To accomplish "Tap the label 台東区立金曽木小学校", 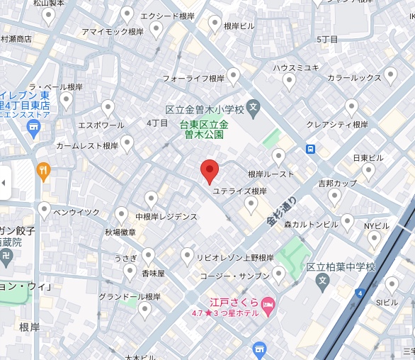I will click(205, 110).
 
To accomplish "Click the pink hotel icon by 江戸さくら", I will click(268, 305).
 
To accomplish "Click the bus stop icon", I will click(310, 149).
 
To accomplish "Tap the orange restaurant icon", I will click(44, 170).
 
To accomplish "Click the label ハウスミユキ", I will click(296, 67).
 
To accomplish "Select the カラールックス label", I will click(354, 77).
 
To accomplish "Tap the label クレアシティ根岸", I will click(337, 124).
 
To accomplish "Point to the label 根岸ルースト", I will click(271, 173).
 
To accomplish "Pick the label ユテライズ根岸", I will click(240, 191).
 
